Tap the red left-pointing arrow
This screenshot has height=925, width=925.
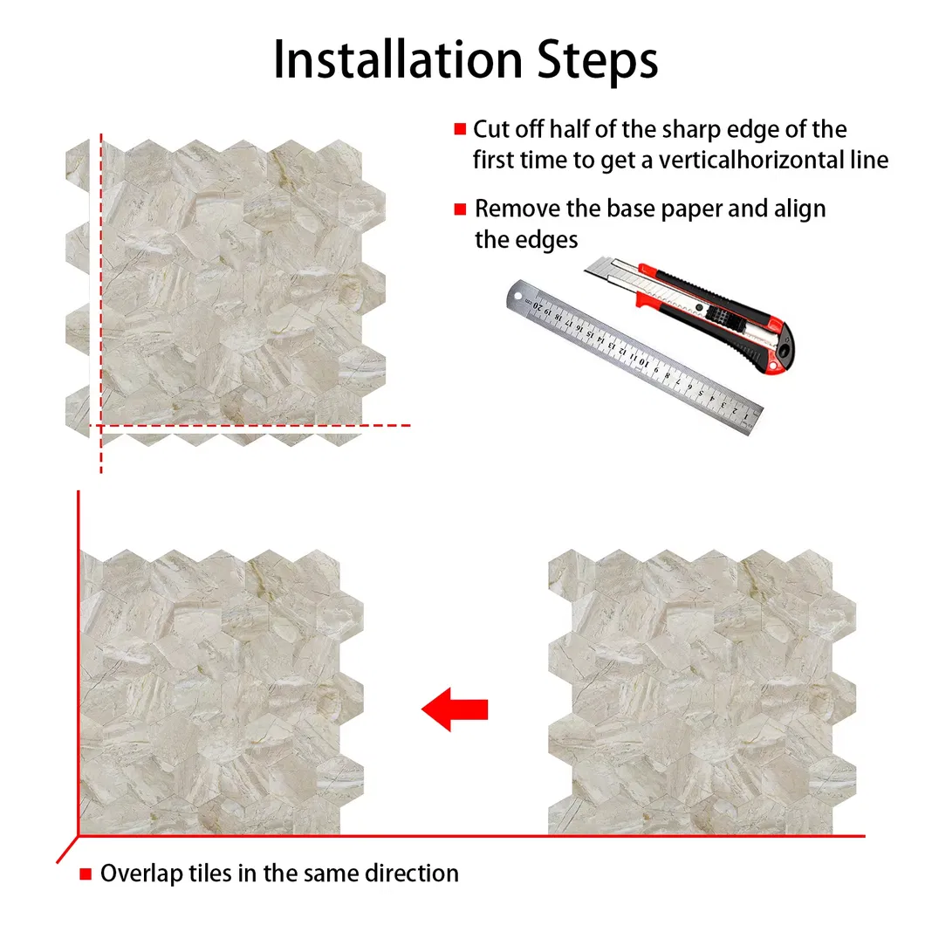(x=455, y=709)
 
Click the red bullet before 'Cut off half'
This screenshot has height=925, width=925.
(x=460, y=130)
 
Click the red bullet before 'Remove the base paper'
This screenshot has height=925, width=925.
(x=460, y=210)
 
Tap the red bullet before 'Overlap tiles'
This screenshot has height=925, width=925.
(x=86, y=874)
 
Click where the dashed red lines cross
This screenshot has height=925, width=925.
(x=101, y=426)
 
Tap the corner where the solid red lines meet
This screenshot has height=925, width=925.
(x=79, y=836)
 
